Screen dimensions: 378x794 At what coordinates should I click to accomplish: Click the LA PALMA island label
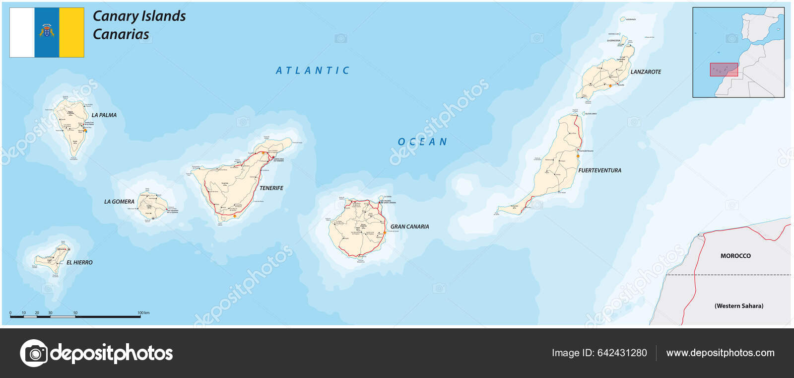(104, 115)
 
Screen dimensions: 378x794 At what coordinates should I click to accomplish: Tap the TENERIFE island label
(271, 188)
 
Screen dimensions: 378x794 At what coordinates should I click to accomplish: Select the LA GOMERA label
(119, 202)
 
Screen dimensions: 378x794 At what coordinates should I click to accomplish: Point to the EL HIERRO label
(79, 262)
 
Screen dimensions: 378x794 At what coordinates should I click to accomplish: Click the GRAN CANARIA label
(409, 227)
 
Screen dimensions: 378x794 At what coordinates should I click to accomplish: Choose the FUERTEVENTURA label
(599, 170)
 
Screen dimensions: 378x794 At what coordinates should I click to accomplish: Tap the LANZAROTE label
(646, 72)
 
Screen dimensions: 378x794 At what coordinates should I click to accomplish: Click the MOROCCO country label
(735, 256)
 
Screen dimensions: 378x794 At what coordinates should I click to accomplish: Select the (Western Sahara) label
(739, 306)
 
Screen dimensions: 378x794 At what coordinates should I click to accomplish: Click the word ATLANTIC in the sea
(313, 71)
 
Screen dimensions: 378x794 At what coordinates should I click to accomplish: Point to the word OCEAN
(422, 142)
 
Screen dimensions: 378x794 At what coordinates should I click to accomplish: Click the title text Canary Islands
(139, 16)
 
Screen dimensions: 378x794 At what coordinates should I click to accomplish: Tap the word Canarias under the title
(121, 34)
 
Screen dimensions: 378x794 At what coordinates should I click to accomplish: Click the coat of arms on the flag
(47, 31)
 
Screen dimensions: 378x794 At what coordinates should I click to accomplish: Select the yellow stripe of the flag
(71, 32)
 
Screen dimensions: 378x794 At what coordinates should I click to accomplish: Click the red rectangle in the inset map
(724, 70)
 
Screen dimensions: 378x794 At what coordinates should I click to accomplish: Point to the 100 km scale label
(143, 313)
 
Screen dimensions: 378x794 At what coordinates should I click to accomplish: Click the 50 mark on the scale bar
(75, 313)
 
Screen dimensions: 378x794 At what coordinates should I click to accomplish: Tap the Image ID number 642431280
(622, 353)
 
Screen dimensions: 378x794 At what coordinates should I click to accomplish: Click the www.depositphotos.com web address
(720, 353)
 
